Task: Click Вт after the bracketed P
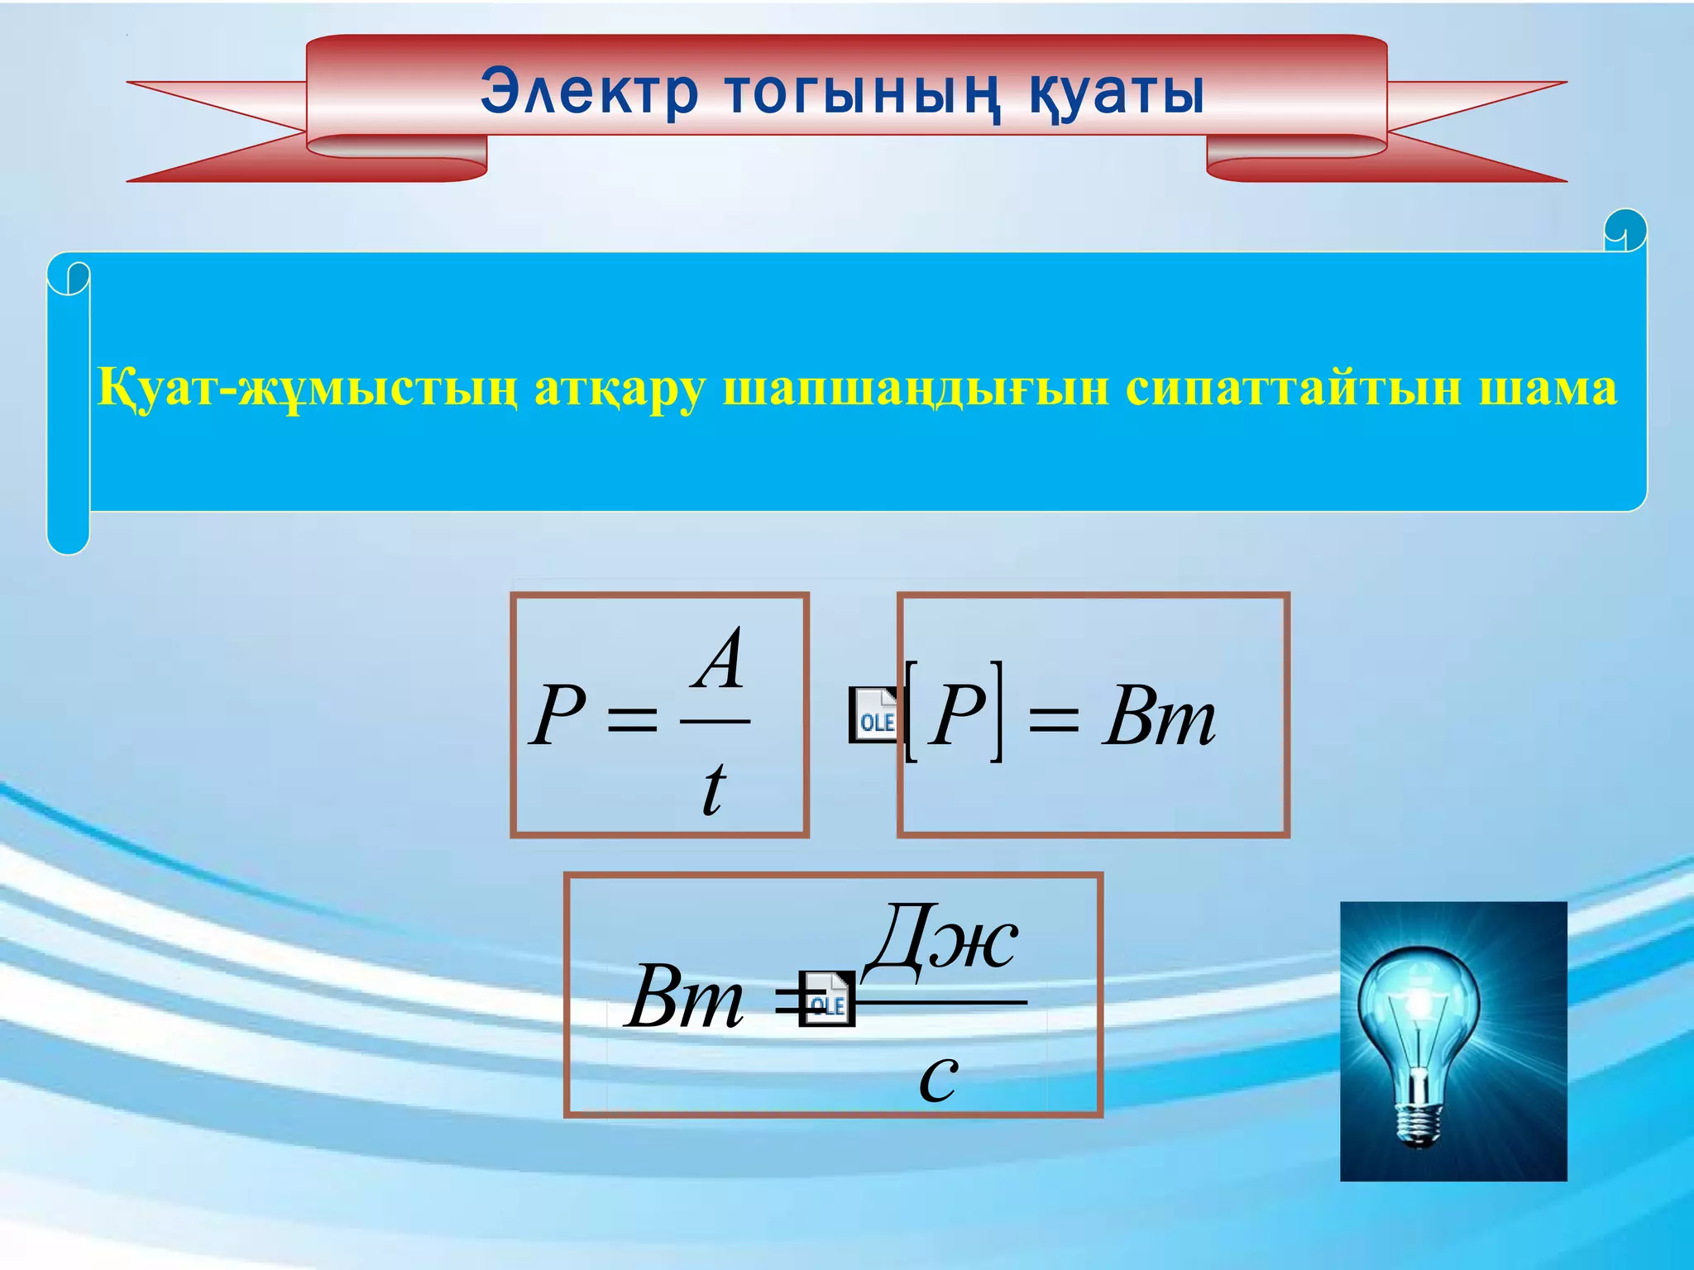[x=1158, y=716]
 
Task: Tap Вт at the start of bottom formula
[x=684, y=997]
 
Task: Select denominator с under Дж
[x=938, y=1077]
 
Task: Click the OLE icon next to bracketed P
[x=874, y=714]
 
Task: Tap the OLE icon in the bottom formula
[x=827, y=999]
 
